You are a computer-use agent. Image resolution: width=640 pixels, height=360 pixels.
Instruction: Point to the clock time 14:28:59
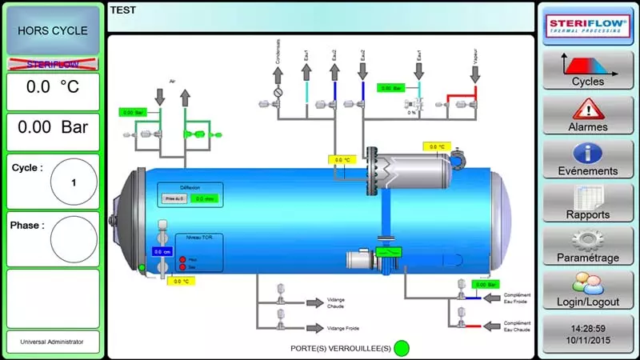point(588,328)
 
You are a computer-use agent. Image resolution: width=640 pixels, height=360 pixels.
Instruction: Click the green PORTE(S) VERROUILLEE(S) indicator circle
point(402,348)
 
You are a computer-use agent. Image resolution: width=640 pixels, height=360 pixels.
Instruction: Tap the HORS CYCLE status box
point(53,30)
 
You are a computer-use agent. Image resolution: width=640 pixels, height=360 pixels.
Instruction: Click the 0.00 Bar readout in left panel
point(53,126)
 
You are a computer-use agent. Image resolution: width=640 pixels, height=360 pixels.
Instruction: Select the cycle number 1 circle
point(74,182)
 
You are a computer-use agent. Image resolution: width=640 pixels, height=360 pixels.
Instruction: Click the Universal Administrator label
point(53,342)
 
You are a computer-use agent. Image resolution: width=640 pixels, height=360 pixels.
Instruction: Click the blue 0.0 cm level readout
point(162,251)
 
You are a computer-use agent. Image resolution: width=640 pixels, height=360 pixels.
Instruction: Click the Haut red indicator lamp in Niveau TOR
point(183,259)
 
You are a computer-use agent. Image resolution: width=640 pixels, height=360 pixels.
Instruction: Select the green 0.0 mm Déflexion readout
point(204,198)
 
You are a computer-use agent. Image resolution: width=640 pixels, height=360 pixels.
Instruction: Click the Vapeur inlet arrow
point(475,74)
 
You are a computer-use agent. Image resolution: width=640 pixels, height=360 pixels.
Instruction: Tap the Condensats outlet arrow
point(278,74)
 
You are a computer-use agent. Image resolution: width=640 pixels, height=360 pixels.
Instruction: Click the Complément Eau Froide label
point(518,298)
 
